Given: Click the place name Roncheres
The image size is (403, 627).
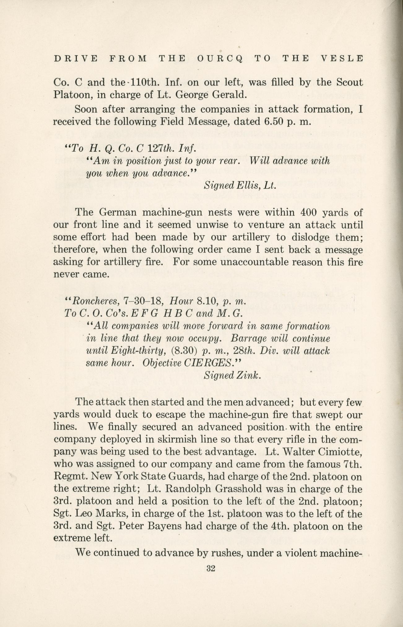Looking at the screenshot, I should pyautogui.click(x=95, y=301).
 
